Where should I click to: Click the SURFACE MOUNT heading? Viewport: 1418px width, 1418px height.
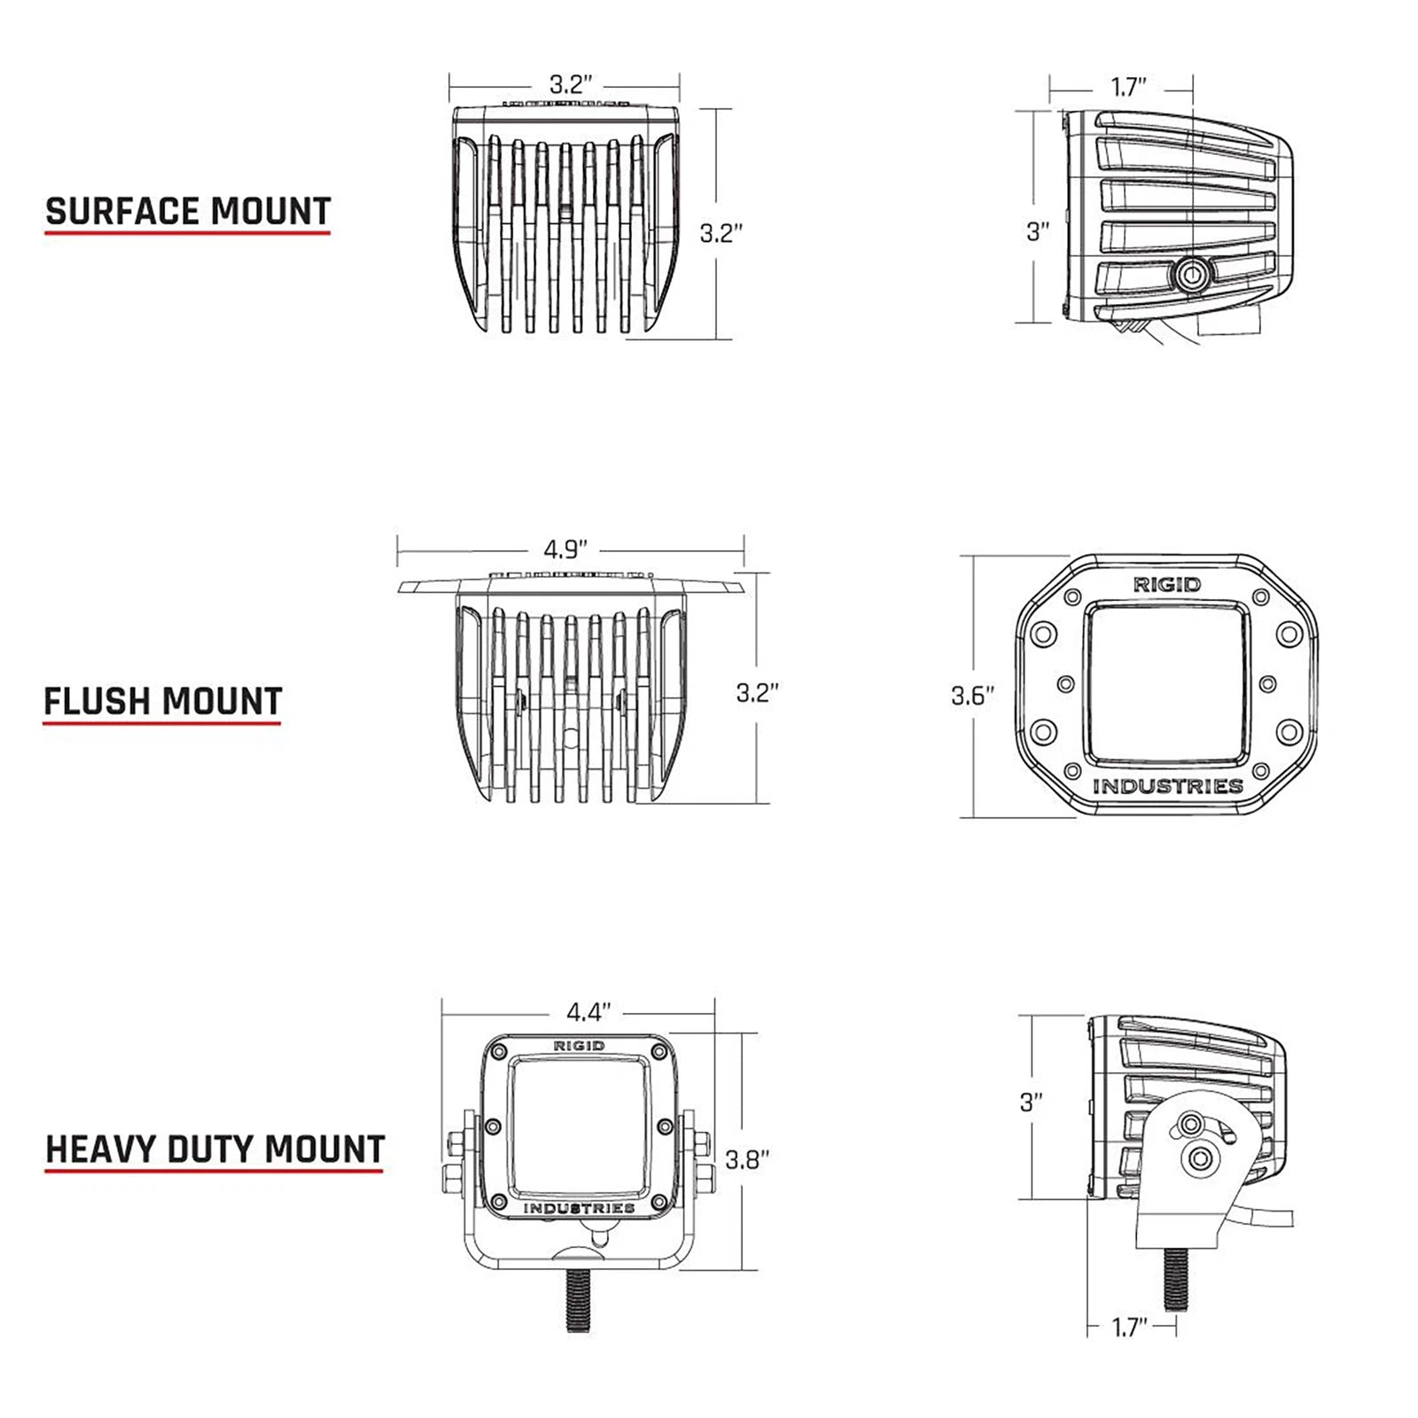point(188,212)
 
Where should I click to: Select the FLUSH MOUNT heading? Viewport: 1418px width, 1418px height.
point(163,701)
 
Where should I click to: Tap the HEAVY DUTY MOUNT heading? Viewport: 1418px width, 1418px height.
point(214,1149)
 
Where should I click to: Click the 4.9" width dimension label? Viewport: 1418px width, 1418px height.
point(566,549)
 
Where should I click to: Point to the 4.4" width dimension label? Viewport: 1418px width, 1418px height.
point(589,1011)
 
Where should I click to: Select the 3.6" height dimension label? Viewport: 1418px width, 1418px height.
point(973,696)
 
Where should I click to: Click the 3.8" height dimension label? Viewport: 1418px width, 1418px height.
point(747,1159)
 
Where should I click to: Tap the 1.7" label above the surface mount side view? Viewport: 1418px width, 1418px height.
point(1129,87)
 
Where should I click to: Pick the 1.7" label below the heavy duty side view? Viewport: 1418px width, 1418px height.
point(1130,1328)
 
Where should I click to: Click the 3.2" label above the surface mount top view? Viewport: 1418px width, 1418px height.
point(571,85)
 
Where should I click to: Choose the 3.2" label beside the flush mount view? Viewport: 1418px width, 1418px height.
point(758,692)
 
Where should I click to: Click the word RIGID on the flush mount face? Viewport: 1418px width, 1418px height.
point(1167,585)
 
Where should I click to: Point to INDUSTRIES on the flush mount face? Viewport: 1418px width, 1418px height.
point(1167,786)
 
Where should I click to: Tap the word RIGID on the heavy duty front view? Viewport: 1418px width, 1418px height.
point(579,1046)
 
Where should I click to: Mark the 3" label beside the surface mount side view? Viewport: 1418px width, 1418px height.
point(1038,231)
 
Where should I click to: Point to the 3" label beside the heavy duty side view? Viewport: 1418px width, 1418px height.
point(1031,1102)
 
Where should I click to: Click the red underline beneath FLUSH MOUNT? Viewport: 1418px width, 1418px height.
point(162,723)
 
